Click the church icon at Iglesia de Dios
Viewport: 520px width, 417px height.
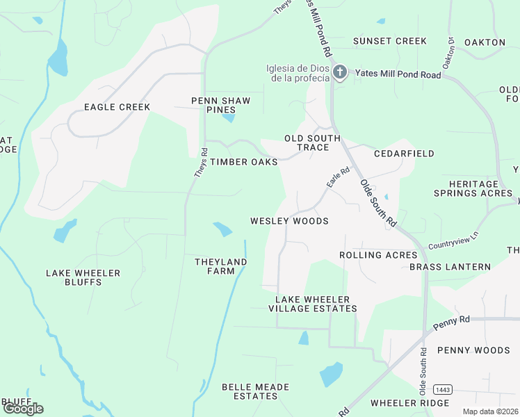339,72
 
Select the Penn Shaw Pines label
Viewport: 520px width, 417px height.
221,106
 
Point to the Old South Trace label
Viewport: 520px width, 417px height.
313,143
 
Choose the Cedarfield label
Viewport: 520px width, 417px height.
404,154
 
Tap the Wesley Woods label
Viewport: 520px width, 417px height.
289,221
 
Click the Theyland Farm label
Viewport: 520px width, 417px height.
221,266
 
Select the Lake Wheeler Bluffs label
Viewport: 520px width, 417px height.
83,277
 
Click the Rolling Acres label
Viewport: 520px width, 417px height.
378,255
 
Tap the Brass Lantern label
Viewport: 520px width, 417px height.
450,267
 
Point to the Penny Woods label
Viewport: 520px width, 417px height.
473,350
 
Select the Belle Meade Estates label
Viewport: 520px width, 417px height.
250,391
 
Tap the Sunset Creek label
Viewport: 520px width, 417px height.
390,41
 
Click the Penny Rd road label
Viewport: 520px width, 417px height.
451,322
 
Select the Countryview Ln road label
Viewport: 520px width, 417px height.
454,241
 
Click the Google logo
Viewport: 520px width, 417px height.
23,408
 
